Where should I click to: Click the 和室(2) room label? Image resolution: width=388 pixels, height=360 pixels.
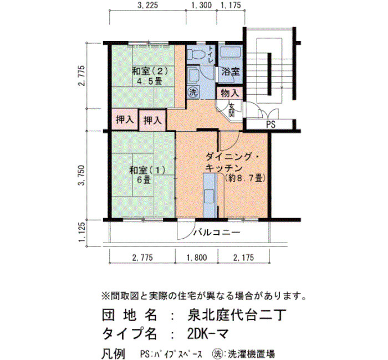[150, 71]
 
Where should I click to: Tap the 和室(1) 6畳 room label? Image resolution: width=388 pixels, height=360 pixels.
[147, 175]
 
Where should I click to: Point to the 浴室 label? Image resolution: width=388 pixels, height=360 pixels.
[231, 71]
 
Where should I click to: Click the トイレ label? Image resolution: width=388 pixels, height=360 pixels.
[211, 54]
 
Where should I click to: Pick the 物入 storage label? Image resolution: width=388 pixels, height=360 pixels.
[230, 93]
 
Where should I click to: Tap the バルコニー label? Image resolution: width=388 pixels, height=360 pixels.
[217, 233]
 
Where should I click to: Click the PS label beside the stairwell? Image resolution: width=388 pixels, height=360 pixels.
[270, 125]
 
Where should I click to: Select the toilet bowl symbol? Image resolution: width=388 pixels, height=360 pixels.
[195, 54]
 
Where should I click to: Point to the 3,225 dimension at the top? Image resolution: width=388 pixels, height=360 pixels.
[148, 5]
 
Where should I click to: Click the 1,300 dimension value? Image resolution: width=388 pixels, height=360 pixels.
[201, 5]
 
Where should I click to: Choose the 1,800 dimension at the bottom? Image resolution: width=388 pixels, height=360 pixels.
[197, 258]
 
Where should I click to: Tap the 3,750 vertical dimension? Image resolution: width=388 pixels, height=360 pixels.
[81, 175]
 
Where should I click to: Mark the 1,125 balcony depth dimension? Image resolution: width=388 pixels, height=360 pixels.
[81, 232]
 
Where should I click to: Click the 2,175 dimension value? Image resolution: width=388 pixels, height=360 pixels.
[243, 258]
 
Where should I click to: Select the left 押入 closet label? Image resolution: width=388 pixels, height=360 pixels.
[125, 120]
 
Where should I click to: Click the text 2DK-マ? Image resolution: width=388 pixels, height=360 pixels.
[208, 334]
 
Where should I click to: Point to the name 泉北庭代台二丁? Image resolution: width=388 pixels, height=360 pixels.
[237, 315]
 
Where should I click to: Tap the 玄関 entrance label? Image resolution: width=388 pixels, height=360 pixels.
[232, 110]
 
